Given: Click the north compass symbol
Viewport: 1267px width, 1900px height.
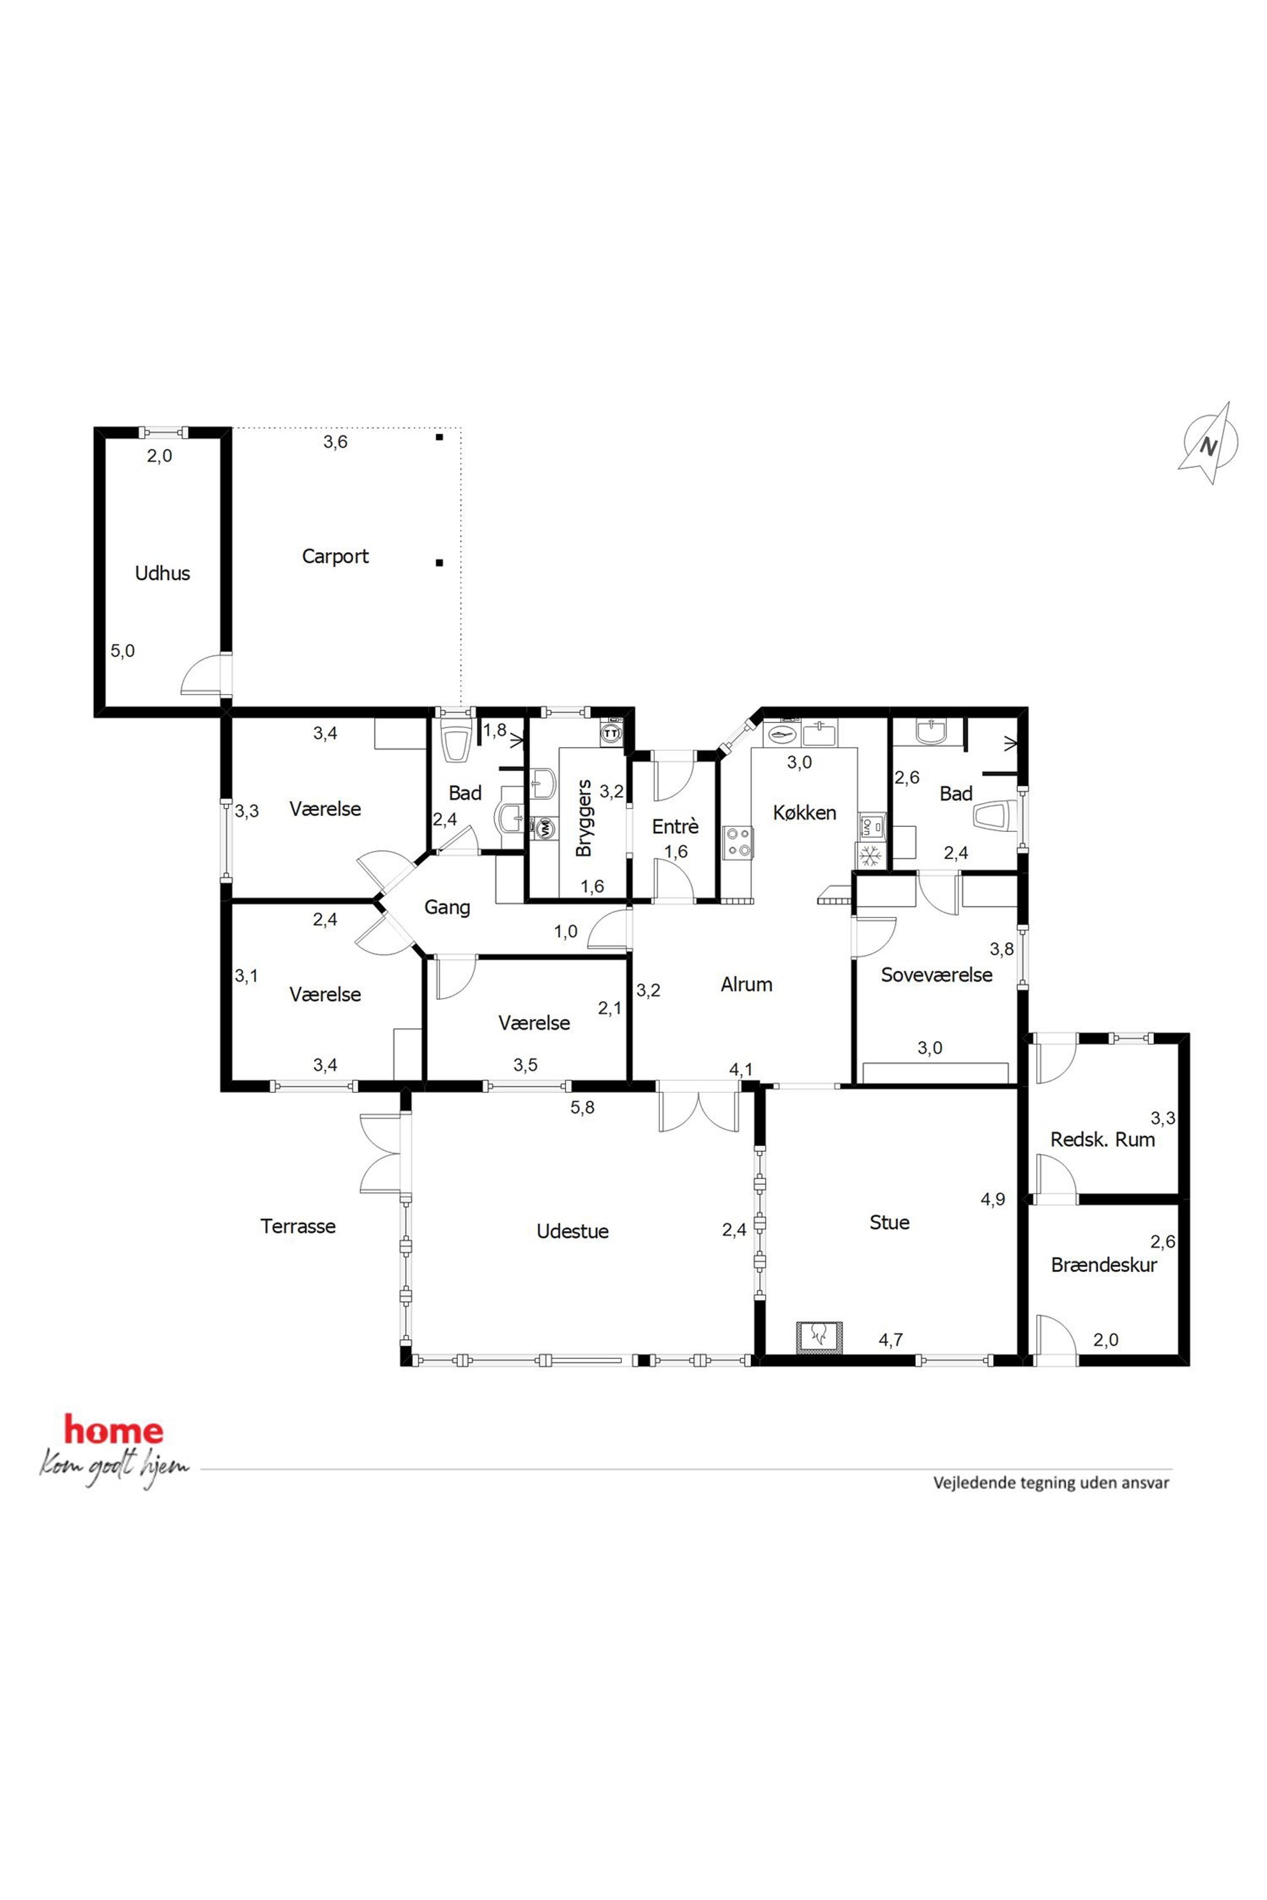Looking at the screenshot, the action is click(x=1209, y=444).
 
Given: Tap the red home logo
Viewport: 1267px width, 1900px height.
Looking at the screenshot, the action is click(x=114, y=1431).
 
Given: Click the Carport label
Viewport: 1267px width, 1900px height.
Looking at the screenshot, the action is click(x=335, y=557).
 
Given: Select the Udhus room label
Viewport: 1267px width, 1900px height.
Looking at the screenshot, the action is click(x=162, y=573).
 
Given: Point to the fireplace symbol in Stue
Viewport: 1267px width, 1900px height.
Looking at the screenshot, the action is click(x=820, y=1336).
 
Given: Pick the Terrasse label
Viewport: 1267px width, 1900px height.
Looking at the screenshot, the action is click(x=298, y=1226).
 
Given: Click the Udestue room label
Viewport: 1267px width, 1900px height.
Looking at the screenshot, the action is click(x=573, y=1232).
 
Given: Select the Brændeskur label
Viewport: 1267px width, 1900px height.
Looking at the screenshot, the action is click(x=1104, y=1265).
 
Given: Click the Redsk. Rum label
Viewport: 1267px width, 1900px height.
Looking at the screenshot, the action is click(x=1102, y=1140).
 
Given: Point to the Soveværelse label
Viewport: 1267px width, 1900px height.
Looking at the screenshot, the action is click(x=936, y=975).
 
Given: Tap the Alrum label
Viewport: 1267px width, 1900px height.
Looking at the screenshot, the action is click(x=747, y=984).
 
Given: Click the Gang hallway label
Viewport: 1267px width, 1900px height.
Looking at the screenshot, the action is click(x=447, y=908).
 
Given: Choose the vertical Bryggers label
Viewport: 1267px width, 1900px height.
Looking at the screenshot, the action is click(x=584, y=818).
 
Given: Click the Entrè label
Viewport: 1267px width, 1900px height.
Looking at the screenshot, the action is click(x=676, y=826).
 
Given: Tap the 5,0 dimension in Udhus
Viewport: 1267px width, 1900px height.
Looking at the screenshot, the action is click(x=123, y=651).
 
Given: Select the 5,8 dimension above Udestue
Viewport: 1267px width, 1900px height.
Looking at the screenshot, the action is click(x=582, y=1108).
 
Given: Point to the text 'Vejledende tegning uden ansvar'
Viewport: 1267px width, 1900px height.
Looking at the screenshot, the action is click(x=1051, y=1483).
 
